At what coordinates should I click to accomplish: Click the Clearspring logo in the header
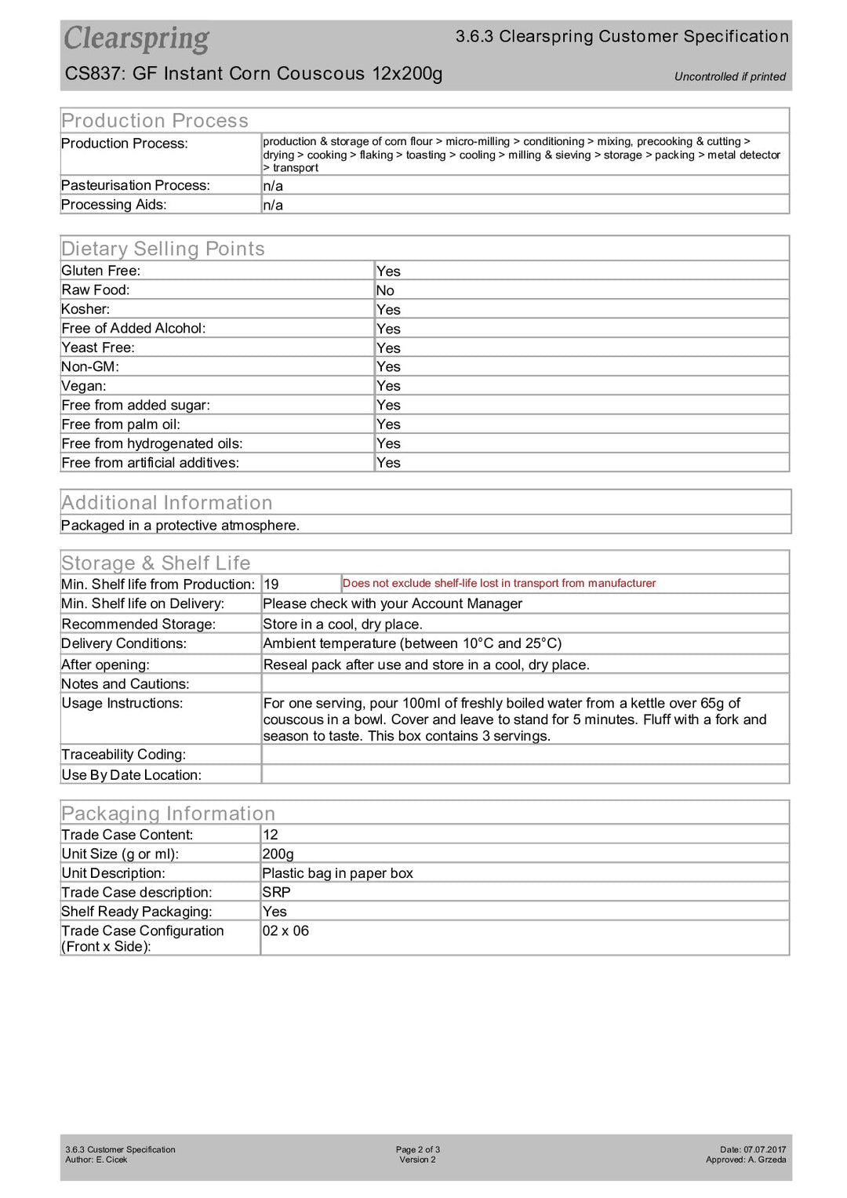coord(136,38)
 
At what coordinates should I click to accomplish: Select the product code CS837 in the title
coord(94,74)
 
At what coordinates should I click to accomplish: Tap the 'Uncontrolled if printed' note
coord(729,77)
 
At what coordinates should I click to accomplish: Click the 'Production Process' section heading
coord(154,121)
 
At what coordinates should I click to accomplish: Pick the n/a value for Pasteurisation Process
coord(273,186)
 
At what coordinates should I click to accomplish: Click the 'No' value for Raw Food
coord(385,290)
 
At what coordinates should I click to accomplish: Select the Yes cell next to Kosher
coord(388,310)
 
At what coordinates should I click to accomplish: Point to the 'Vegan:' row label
coord(84,386)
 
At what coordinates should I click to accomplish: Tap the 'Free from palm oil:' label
coord(121,424)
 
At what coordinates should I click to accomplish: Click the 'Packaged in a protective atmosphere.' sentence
coord(180,526)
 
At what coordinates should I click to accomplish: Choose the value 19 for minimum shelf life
coord(271,584)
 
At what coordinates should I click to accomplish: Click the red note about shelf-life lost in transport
coord(499,584)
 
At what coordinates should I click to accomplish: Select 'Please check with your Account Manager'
coord(392,604)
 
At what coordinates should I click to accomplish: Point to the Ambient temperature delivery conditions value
coord(412,643)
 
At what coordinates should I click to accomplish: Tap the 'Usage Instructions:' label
coord(122,704)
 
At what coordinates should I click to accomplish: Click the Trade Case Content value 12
coord(271,835)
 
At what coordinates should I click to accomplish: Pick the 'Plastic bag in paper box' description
coord(337,873)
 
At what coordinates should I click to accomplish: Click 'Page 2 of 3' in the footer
coord(417,1149)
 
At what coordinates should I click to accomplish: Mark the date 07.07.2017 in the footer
coord(764,1149)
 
